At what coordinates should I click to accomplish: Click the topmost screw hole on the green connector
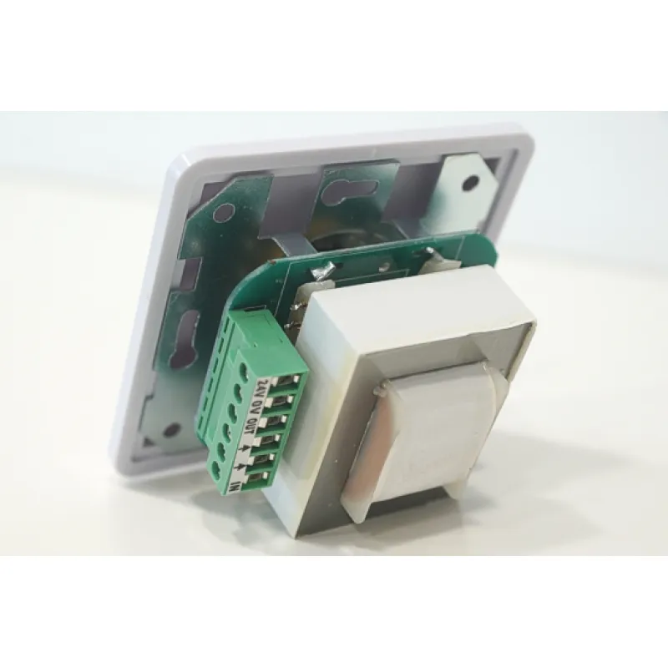coord(244,369)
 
